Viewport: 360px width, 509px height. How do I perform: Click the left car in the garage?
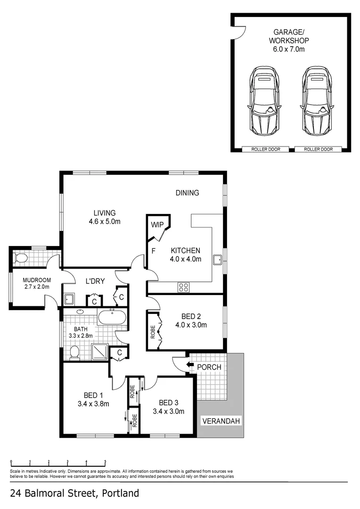[x=264, y=100]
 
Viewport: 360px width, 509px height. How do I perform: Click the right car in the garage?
[x=316, y=100]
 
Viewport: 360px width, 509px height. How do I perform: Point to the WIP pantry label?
[x=157, y=224]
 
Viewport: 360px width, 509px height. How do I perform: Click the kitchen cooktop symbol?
[x=183, y=286]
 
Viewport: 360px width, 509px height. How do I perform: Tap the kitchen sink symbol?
[x=218, y=260]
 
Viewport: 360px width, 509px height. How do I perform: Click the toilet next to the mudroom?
[x=21, y=258]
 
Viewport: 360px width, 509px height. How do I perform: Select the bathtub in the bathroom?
[x=112, y=317]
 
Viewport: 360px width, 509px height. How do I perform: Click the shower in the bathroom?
[x=99, y=351]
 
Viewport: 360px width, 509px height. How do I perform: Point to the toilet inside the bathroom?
[x=74, y=352]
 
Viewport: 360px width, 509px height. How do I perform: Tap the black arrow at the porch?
[x=190, y=364]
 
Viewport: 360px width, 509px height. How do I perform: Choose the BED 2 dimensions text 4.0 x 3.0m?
[x=191, y=325]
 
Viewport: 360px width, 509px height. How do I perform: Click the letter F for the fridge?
[x=153, y=251]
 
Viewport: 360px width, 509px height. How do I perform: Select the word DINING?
[x=187, y=192]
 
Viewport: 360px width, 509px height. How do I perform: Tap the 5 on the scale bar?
[x=105, y=462]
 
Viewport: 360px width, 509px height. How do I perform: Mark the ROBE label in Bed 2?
[x=153, y=333]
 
